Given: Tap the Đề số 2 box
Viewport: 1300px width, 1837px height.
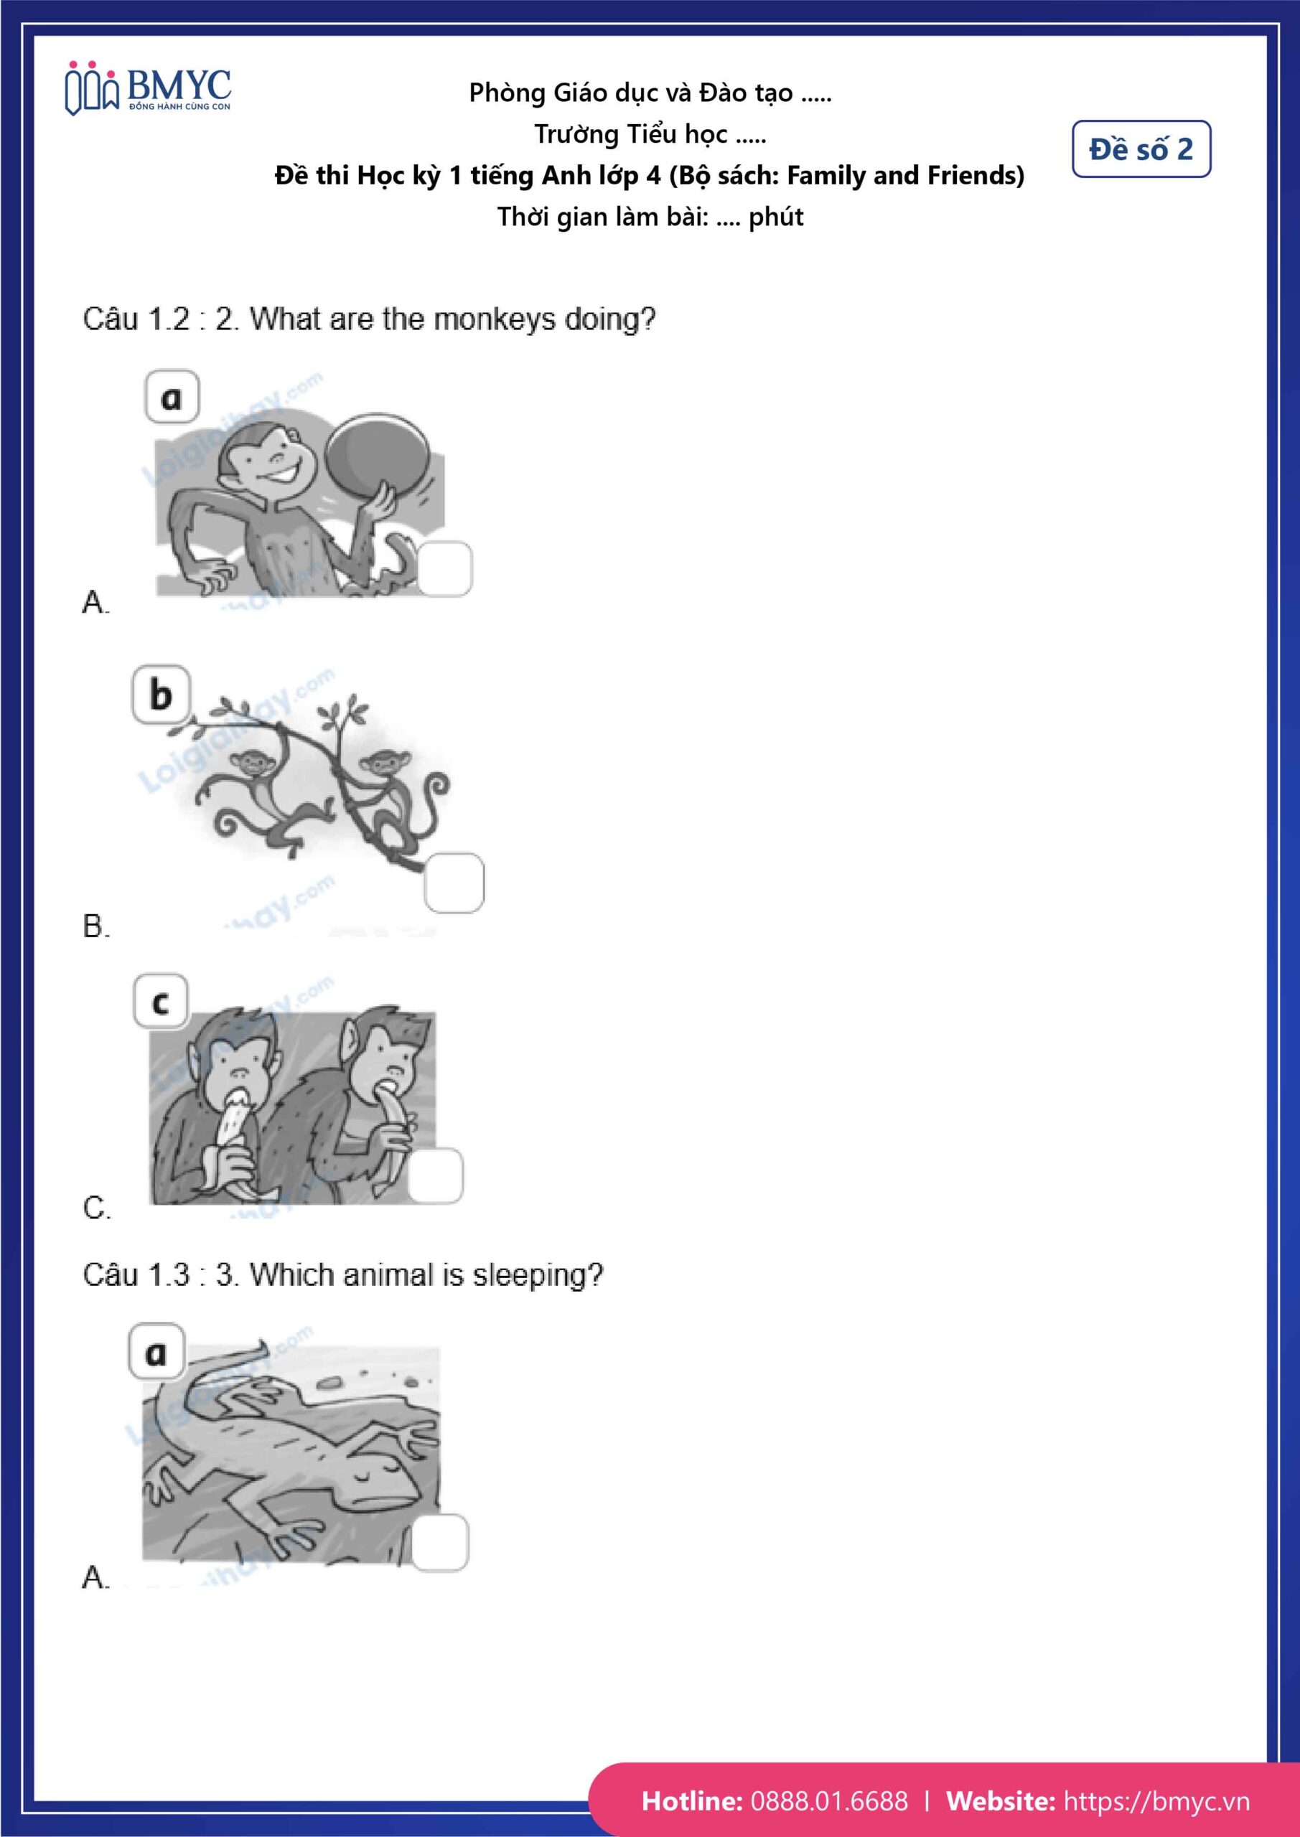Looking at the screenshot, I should pos(1141,149).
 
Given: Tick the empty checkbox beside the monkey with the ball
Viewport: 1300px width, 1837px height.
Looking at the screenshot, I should pos(445,568).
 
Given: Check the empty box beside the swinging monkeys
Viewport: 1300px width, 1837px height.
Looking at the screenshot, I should pos(454,883).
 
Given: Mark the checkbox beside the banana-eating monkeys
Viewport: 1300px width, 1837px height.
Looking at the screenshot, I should pos(436,1175).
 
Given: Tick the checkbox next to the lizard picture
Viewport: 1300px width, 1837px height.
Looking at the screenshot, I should pos(440,1542).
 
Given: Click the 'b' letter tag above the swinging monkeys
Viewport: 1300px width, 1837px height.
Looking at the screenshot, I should pos(161,695).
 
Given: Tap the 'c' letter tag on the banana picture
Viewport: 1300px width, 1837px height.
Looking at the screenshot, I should pos(160,1002).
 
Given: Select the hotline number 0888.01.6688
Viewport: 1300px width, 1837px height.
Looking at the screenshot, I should pos(829,1801).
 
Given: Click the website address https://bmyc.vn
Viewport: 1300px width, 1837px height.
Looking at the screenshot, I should pos(1156,1801).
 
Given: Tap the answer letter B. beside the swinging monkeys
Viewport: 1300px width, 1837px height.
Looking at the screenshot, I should pos(95,926).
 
